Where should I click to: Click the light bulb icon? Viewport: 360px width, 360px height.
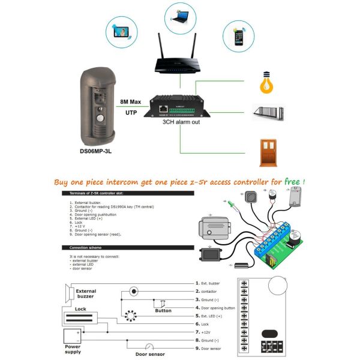pos(266,82)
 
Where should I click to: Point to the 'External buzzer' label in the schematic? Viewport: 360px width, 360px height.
pos(85,294)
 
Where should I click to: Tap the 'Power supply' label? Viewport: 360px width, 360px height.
pos(72,349)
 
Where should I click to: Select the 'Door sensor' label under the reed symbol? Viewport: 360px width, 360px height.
pos(149,355)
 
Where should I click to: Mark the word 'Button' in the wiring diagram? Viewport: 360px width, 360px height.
pos(163,311)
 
